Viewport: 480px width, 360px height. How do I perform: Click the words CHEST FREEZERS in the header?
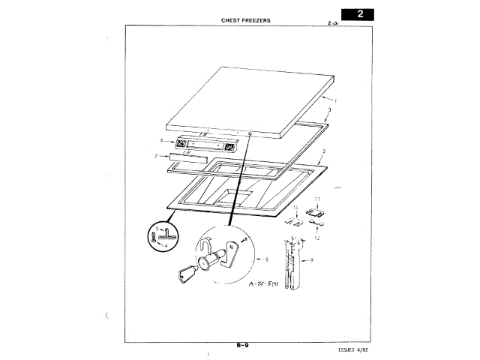point(246,20)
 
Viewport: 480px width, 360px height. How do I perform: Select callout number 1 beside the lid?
point(336,100)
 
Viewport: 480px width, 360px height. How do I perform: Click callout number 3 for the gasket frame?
point(329,110)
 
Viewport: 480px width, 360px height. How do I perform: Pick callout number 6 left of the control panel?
point(161,141)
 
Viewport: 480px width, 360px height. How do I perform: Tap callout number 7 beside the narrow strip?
point(156,156)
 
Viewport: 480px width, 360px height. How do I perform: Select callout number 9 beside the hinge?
point(312,259)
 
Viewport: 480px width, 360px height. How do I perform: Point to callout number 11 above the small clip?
point(317,199)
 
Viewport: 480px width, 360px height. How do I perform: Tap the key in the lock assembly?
point(187,271)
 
